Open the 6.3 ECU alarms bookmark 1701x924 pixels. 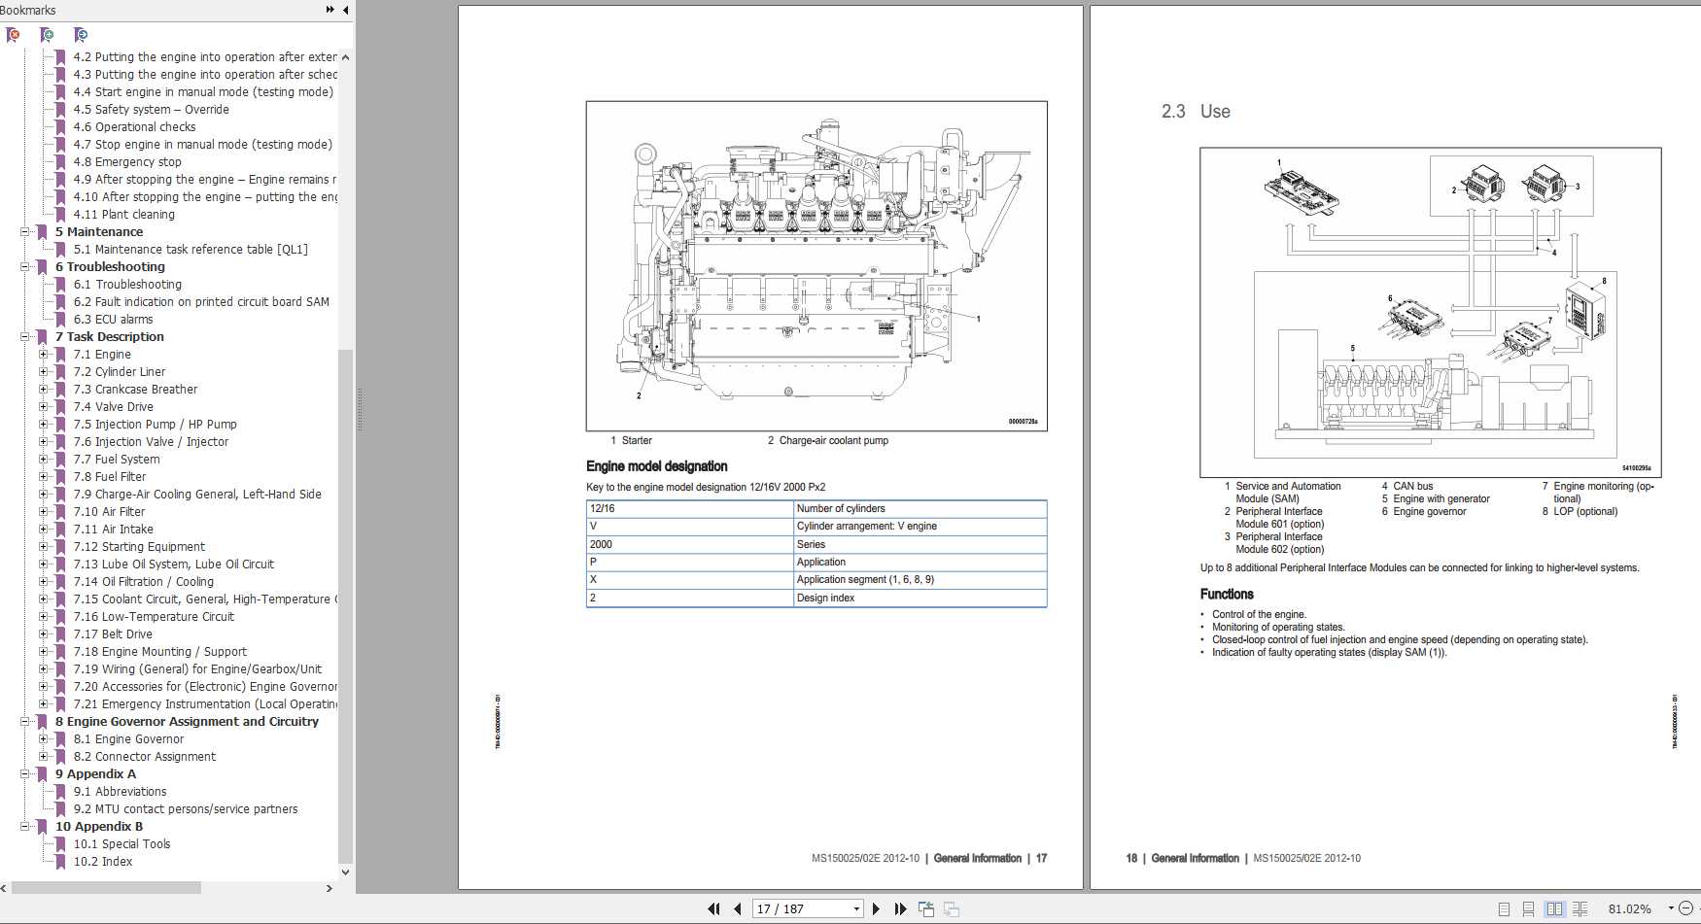pyautogui.click(x=113, y=319)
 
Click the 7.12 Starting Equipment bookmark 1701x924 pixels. pyautogui.click(x=139, y=546)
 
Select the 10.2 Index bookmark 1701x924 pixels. pyautogui.click(x=103, y=861)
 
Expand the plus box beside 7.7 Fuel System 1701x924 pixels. pyautogui.click(x=43, y=459)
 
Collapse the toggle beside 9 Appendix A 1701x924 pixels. pyautogui.click(x=25, y=773)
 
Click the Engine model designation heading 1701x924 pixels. pyautogui.click(x=656, y=466)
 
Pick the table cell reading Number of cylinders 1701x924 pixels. pyautogui.click(x=841, y=508)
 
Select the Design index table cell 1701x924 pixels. pyautogui.click(x=825, y=598)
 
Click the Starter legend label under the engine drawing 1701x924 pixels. pyautogui.click(x=637, y=440)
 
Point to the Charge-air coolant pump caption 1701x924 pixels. pyautogui.click(x=833, y=440)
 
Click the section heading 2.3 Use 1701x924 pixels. pyautogui.click(x=1196, y=112)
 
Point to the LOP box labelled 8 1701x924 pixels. pyautogui.click(x=1584, y=312)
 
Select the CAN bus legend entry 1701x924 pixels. pyautogui.click(x=1412, y=486)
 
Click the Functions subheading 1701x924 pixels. pyautogui.click(x=1227, y=594)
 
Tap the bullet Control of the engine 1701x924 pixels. pyautogui.click(x=1259, y=614)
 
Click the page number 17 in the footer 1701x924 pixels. pyautogui.click(x=1041, y=858)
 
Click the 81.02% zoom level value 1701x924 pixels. pyautogui.click(x=1629, y=908)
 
